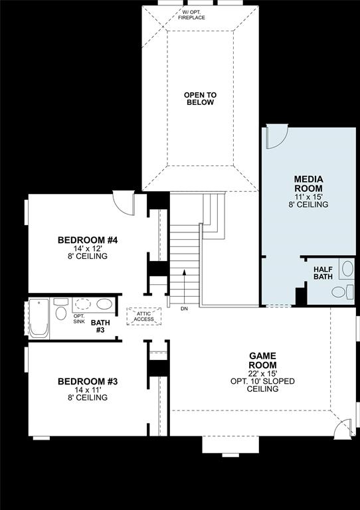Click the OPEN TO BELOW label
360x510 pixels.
tap(200, 99)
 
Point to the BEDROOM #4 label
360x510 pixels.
tap(88, 240)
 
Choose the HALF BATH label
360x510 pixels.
tap(323, 272)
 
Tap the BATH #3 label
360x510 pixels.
tap(100, 326)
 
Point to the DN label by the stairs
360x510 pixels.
tap(184, 309)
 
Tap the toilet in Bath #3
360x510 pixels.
tap(60, 313)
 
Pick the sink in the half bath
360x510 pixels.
tap(347, 269)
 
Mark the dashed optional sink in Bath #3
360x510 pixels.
tap(83, 305)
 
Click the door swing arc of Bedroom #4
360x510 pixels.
tap(124, 201)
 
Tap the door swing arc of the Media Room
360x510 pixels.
tap(276, 137)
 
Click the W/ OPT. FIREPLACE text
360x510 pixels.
tap(191, 15)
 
